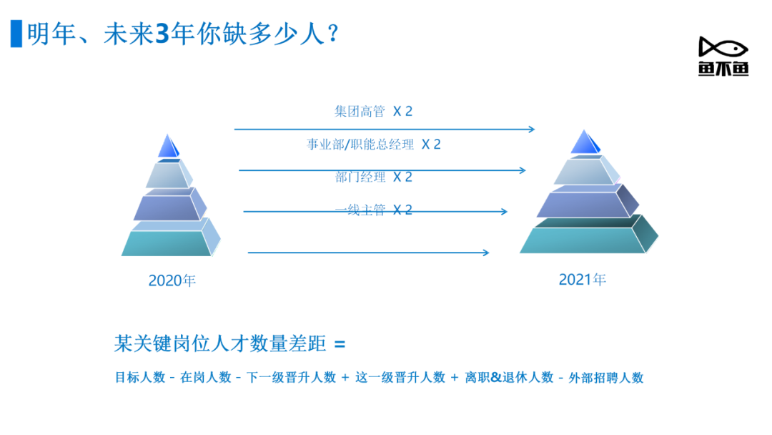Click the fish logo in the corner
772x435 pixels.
pos(723,56)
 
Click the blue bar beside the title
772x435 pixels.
pos(16,34)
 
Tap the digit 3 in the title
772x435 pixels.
pos(162,34)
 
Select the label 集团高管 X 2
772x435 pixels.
pos(373,112)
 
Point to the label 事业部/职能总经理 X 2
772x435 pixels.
pos(373,145)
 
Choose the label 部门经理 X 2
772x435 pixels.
pos(373,177)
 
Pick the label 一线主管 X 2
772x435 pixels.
pos(373,210)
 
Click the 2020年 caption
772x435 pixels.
pos(172,280)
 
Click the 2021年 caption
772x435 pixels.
pos(582,279)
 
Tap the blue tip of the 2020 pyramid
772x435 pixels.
pos(169,147)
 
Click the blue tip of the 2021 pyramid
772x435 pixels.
pos(585,142)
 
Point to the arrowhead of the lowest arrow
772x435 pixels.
pos(486,253)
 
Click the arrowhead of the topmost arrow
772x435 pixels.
pos(531,129)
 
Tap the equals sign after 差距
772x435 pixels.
pos(340,344)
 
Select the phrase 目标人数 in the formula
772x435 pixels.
pos(140,377)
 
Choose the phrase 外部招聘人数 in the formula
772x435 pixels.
pos(606,378)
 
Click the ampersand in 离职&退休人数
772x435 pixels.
pos(496,377)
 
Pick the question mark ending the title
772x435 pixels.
pos(333,34)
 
